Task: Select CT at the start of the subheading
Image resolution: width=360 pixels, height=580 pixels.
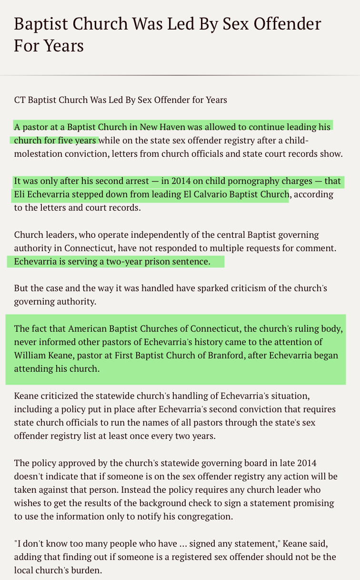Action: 20,100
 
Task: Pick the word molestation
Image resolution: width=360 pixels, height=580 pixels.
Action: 40,154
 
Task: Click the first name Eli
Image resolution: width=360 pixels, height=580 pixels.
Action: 20,194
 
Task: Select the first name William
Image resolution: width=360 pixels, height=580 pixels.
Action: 30,356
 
